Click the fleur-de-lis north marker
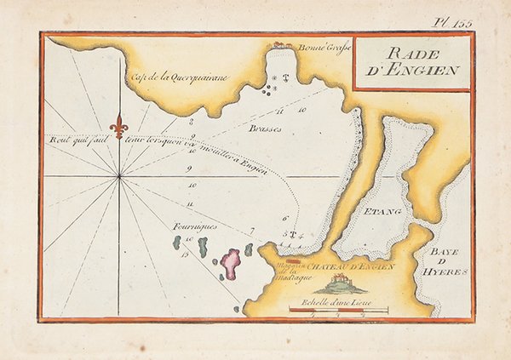(x=120, y=125)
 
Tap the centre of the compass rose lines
(x=120, y=176)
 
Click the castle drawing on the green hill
(x=341, y=283)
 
